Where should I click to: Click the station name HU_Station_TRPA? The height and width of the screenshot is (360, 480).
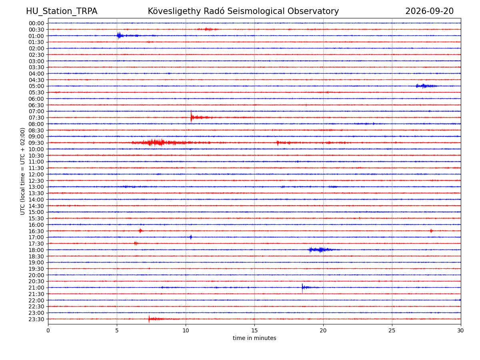pyautogui.click(x=62, y=11)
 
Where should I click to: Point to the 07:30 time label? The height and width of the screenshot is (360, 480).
pyautogui.click(x=36, y=118)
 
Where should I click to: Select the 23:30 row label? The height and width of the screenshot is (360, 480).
pyautogui.click(x=36, y=319)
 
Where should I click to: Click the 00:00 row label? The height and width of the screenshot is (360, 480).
pyautogui.click(x=36, y=23)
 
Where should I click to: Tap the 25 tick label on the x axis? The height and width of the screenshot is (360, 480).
pyautogui.click(x=392, y=330)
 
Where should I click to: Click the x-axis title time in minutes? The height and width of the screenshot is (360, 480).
pyautogui.click(x=254, y=338)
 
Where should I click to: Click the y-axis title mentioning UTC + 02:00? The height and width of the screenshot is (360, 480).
pyautogui.click(x=22, y=171)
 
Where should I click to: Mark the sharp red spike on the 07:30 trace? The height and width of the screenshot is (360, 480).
pyautogui.click(x=191, y=116)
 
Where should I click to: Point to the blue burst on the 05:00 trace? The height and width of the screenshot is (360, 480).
pyautogui.click(x=425, y=86)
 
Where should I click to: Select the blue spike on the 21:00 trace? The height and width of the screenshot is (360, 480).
pyautogui.click(x=302, y=288)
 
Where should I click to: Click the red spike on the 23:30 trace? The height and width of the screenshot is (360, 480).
pyautogui.click(x=149, y=319)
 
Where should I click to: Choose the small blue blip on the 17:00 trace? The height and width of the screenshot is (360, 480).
pyautogui.click(x=191, y=237)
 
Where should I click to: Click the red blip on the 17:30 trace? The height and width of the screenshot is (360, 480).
pyautogui.click(x=136, y=243)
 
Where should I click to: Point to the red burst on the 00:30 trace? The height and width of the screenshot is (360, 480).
pyautogui.click(x=208, y=29)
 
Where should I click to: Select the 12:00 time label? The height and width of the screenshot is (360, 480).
pyautogui.click(x=36, y=174)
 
